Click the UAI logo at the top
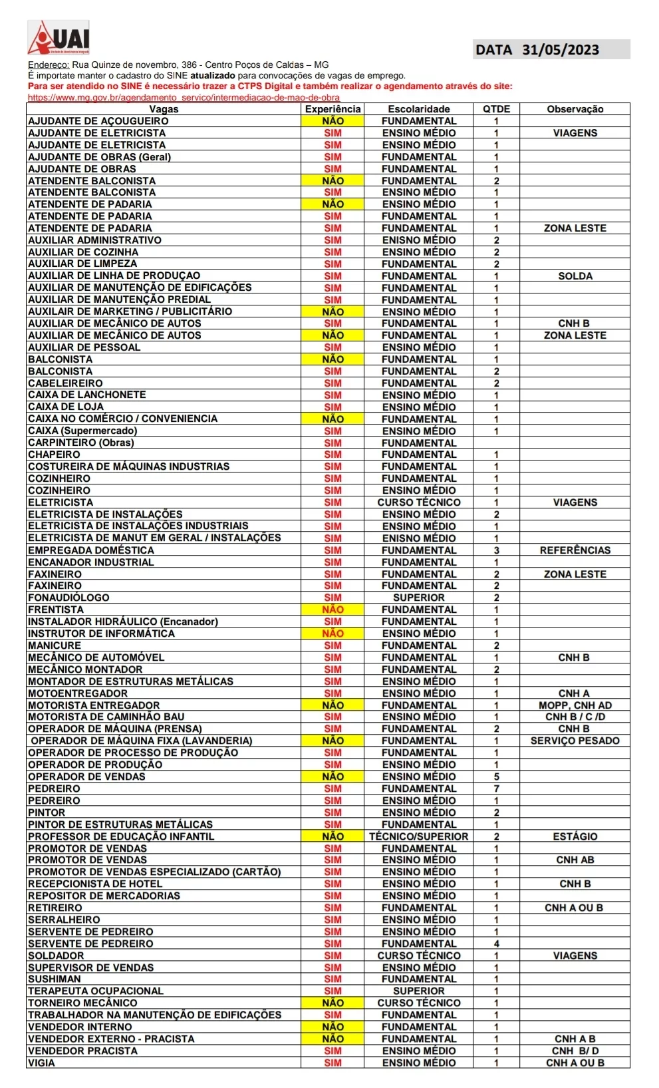(x=59, y=37)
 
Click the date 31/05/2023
(x=560, y=50)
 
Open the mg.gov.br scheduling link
(x=184, y=97)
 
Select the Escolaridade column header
(x=419, y=109)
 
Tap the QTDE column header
(x=496, y=109)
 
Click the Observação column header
(x=575, y=109)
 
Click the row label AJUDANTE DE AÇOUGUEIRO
(x=98, y=121)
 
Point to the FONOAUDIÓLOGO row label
(x=68, y=598)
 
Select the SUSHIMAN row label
(x=55, y=979)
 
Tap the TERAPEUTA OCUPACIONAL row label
(x=96, y=991)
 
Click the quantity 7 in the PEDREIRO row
(x=496, y=789)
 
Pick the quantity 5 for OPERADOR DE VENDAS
(x=496, y=777)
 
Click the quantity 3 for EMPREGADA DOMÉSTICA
(x=496, y=550)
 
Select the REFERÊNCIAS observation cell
(x=575, y=550)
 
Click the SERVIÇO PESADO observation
(x=575, y=741)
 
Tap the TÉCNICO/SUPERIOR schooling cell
(x=419, y=836)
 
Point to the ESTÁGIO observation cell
(x=575, y=836)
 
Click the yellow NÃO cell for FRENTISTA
(x=332, y=610)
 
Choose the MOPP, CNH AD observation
(x=575, y=705)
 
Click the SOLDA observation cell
(x=575, y=276)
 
